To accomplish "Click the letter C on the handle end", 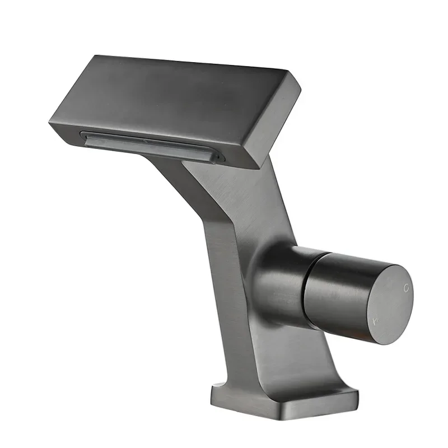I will [407, 287].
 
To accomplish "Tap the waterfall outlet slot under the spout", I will [151, 145].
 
